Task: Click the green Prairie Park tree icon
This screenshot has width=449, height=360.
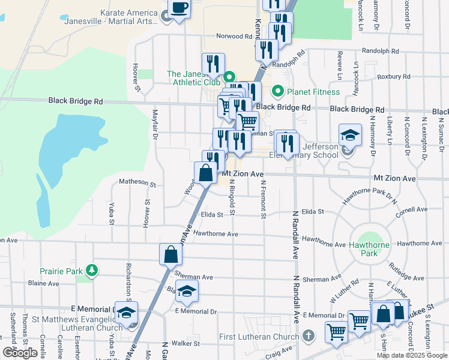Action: (91, 271)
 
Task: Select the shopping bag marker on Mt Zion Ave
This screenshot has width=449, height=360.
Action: (205, 173)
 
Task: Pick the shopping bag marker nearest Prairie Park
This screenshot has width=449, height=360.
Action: (170, 254)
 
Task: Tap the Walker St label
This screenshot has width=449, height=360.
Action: (185, 343)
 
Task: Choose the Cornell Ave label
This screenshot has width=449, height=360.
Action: (411, 210)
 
